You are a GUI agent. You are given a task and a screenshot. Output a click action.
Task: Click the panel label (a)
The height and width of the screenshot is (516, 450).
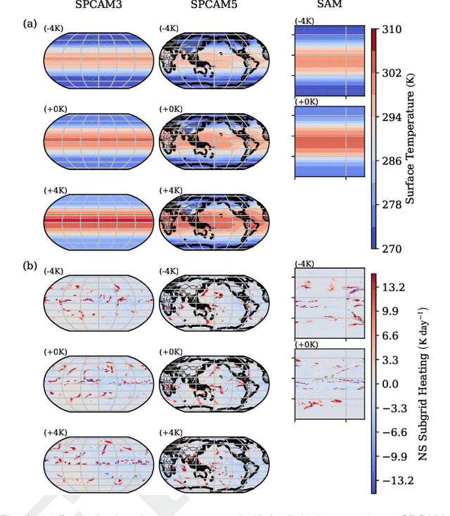point(30,23)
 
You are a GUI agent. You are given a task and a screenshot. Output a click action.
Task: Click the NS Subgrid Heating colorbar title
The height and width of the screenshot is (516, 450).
point(423,383)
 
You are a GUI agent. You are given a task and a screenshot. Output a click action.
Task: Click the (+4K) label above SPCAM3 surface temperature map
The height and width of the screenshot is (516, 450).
point(55,190)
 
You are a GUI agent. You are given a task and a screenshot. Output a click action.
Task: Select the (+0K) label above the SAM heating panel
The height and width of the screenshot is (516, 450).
point(305,345)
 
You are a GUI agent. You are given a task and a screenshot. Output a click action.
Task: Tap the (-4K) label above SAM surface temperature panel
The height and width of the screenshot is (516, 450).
point(305,22)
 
